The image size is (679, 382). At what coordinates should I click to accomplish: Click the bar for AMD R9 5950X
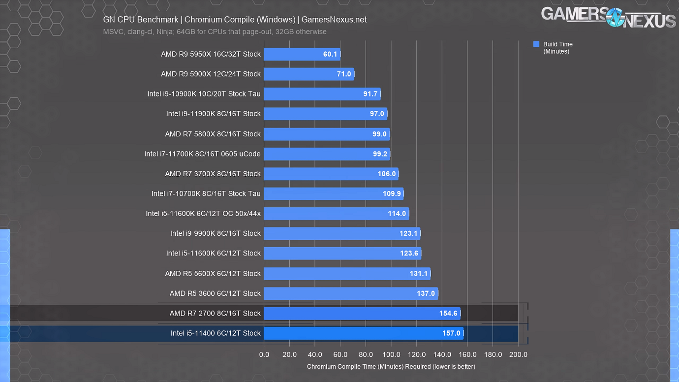pos(302,54)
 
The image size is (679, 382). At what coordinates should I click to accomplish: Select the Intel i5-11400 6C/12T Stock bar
pos(363,333)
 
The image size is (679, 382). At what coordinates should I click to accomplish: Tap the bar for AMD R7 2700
pos(362,313)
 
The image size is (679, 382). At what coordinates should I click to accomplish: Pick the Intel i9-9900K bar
pos(342,233)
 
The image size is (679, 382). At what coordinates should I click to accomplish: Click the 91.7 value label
pos(370,94)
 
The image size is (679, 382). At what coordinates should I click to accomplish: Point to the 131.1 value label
pos(419,274)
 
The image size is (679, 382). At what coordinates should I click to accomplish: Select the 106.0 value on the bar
pos(387,174)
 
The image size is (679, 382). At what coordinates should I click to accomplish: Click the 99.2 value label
pos(380,154)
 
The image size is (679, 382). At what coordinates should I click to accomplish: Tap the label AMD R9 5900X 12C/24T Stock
pos(211,74)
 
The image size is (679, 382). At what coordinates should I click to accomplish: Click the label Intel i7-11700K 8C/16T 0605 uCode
pos(202,154)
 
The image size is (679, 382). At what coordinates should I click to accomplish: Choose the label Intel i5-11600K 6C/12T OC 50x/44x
pos(203,214)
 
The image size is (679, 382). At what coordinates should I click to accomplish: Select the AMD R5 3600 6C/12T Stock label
pos(215,293)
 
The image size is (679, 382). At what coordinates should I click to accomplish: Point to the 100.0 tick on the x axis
pos(391,355)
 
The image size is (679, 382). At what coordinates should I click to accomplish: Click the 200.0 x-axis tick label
pos(518,355)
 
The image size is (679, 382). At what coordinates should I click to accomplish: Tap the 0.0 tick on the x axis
pos(264,355)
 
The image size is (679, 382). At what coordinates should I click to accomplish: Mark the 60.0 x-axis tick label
pos(340,355)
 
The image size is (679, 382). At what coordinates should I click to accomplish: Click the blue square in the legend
pos(536,44)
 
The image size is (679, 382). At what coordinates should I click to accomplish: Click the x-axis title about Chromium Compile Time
pos(391,367)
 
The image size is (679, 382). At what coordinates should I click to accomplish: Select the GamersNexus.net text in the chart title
pos(334,20)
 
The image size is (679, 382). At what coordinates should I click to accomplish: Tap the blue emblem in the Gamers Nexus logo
pos(615,17)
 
